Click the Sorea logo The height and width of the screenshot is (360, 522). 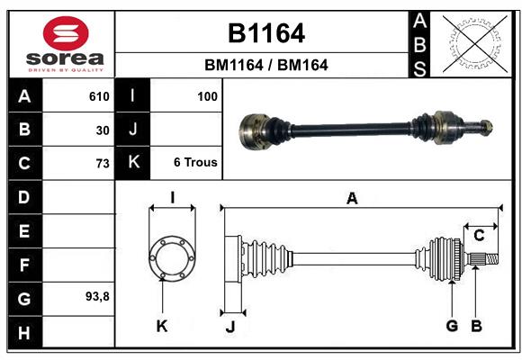65,43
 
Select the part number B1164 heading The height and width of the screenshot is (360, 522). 265,33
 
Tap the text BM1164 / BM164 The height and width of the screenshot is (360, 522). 265,65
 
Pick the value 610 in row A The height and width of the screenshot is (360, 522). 98,96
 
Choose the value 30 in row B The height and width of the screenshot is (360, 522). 102,130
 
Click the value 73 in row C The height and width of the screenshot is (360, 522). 102,163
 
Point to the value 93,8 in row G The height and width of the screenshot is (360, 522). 97,296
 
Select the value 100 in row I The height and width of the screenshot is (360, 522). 208,96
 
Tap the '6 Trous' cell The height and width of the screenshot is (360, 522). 195,163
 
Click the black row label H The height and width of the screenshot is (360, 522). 23,333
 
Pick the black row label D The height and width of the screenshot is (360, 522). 23,197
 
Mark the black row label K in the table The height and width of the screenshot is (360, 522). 133,163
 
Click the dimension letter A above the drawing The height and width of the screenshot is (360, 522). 352,199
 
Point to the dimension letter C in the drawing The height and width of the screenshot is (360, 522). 479,236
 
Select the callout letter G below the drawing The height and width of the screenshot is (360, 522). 452,326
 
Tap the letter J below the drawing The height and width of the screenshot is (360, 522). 229,327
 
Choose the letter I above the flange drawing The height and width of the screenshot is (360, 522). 171,198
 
